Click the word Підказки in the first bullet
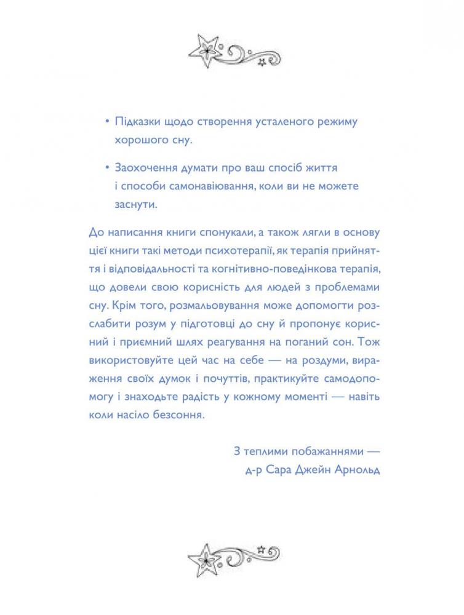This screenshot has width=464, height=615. pos(136,121)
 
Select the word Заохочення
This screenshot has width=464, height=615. pos(145,167)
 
